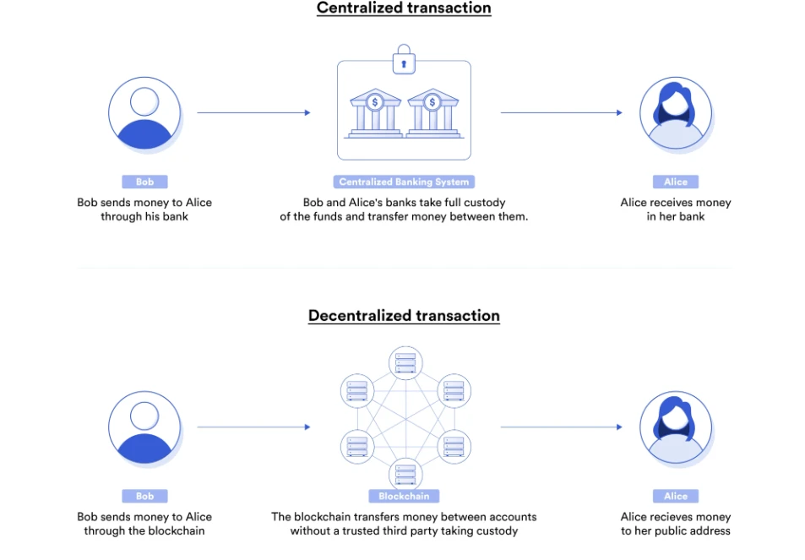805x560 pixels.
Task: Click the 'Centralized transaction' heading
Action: click(x=404, y=8)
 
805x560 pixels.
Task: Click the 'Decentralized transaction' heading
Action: click(x=404, y=316)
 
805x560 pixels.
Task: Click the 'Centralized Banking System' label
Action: click(x=404, y=182)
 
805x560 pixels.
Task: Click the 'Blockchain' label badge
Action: click(x=404, y=497)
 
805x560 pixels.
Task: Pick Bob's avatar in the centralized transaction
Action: click(x=144, y=113)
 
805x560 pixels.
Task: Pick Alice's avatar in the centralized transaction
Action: click(x=675, y=113)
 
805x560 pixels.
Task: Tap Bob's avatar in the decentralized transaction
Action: click(x=144, y=427)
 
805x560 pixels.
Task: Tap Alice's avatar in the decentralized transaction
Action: click(x=675, y=427)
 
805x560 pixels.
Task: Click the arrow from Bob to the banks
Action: click(x=253, y=112)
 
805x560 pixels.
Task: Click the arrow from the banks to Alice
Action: click(x=561, y=112)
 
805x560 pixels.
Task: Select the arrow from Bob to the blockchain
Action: click(x=253, y=427)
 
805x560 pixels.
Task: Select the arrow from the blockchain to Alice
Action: click(x=561, y=427)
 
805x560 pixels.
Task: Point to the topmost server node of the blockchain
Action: click(x=405, y=363)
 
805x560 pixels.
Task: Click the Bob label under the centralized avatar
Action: click(x=144, y=182)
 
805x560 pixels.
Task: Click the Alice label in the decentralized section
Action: click(x=675, y=497)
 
